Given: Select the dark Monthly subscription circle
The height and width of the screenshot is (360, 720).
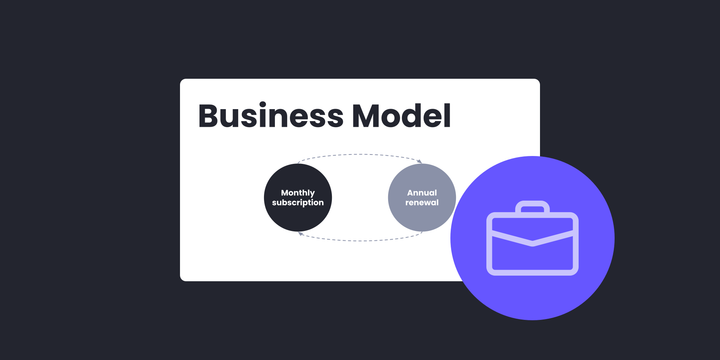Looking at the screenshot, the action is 297,198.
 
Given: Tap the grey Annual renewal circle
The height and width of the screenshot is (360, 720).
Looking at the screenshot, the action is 421,198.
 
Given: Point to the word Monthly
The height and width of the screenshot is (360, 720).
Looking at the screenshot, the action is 297,193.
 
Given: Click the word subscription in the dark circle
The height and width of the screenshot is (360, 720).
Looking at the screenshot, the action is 297,204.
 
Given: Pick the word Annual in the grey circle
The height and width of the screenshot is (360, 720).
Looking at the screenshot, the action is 421,193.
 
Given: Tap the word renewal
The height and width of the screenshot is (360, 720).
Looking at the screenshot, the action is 421,204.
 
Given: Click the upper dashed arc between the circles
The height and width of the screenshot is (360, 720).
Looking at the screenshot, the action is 360,155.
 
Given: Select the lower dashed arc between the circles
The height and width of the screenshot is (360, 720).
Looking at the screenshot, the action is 360,241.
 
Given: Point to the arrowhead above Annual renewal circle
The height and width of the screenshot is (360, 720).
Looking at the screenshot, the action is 420,162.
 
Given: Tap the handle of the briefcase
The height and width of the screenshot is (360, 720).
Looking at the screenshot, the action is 532,208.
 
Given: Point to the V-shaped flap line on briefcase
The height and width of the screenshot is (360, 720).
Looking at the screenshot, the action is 532,241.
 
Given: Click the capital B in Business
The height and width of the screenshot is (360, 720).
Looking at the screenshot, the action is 210,116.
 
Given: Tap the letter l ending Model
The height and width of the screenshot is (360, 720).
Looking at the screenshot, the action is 446,116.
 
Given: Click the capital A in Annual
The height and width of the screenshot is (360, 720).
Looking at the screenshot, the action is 409,193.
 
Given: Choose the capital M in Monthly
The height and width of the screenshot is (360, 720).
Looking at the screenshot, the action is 284,193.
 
